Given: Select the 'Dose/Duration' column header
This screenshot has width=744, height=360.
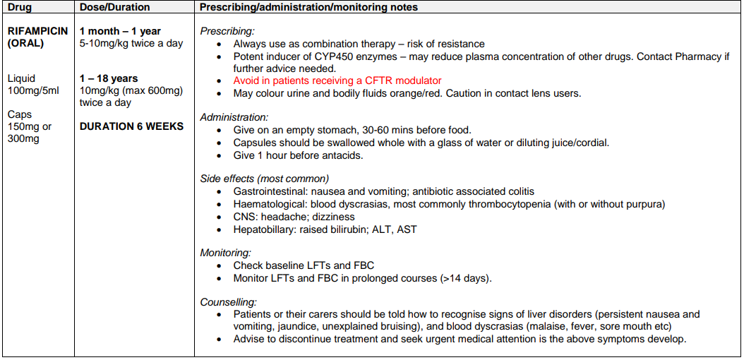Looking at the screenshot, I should pos(114,8).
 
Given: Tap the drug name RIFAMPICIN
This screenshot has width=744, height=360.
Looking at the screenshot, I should pos(37,31).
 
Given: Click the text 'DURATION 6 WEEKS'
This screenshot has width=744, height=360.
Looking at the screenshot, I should pos(131,126).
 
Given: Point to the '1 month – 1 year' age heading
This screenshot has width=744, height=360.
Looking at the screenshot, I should pos(120,31).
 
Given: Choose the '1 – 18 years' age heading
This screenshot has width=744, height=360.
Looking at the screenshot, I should pos(109,78).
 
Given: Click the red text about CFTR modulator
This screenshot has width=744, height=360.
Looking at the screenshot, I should pos(337,81).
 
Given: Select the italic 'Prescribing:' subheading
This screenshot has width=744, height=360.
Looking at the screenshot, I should pos(227,31).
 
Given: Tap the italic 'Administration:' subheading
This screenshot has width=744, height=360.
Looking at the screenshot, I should pos(234,117).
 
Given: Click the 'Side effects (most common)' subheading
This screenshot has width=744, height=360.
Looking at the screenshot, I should pos(264,179).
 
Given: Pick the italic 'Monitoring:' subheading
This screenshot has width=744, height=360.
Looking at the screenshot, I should pos(226,253).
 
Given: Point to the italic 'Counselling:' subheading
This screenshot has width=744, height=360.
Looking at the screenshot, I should pos(228,301).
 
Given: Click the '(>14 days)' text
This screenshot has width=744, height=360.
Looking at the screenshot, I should pos(466,278).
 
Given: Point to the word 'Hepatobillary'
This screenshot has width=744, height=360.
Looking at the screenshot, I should pos(267,229).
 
